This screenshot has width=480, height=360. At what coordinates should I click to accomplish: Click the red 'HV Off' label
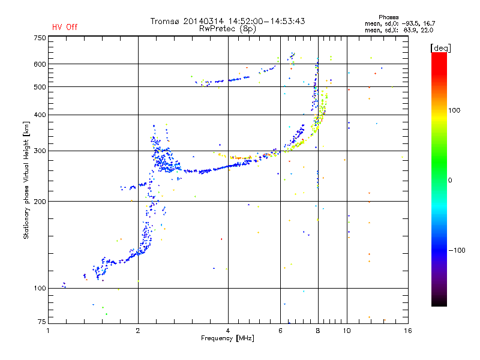[65, 27]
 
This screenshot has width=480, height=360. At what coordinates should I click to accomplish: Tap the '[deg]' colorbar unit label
[441, 47]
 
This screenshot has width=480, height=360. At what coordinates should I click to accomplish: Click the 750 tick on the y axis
[40, 37]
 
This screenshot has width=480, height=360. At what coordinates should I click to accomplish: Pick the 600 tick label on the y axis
[40, 64]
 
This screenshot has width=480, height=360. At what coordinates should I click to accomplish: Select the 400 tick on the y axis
[40, 115]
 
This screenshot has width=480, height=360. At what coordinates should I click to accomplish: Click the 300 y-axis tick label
[40, 151]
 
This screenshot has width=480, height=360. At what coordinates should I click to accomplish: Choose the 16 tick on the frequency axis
[407, 331]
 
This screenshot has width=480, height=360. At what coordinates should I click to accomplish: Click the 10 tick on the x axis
[347, 331]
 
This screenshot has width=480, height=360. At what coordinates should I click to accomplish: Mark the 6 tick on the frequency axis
[281, 331]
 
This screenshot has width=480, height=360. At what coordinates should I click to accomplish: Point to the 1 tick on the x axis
[49, 331]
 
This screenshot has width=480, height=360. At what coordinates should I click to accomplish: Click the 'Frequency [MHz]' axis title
[227, 339]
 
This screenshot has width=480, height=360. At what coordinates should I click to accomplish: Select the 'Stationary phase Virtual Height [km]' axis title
[26, 179]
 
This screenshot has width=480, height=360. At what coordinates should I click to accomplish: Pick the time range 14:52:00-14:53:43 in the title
[265, 21]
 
